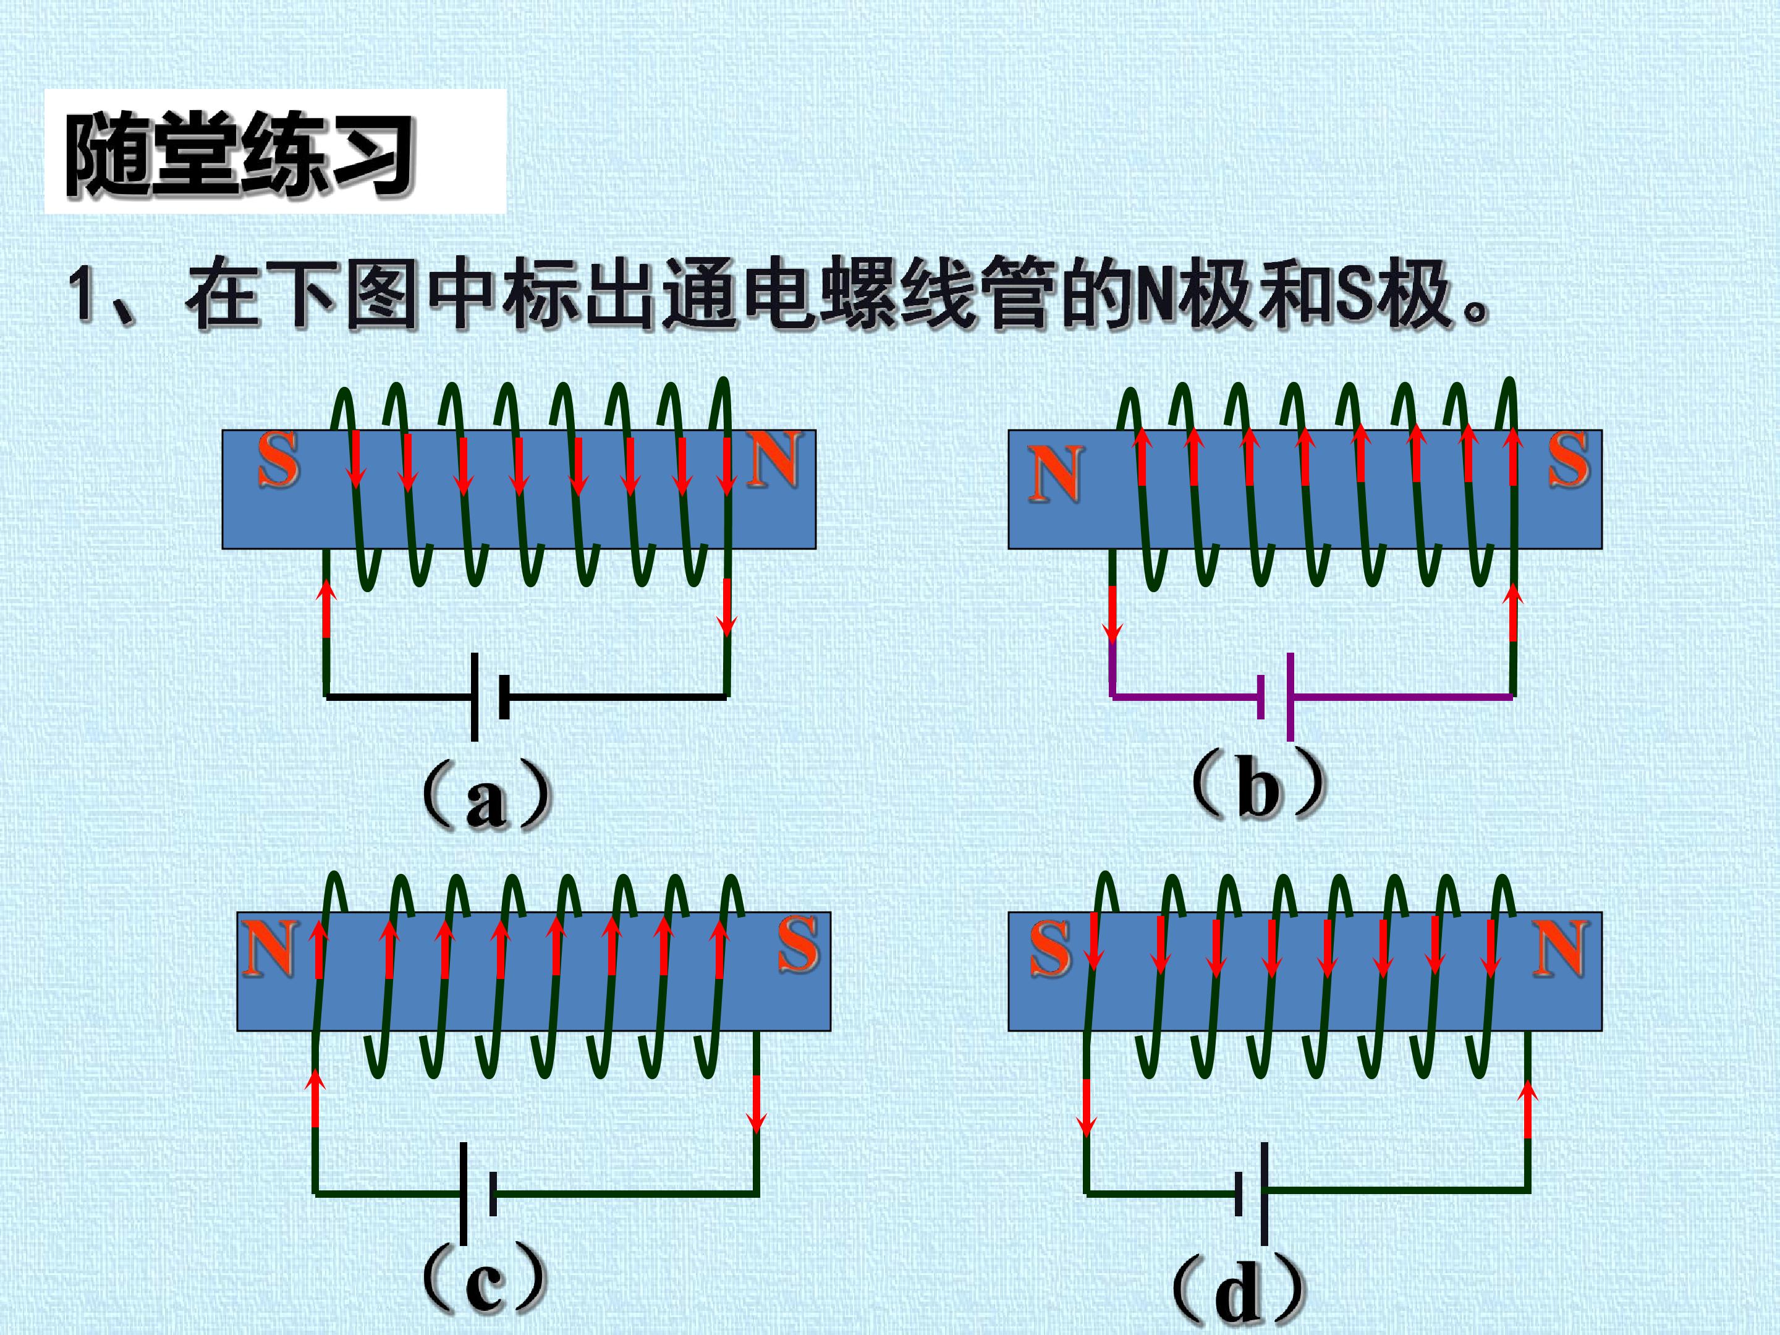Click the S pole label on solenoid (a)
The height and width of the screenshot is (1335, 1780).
coord(278,460)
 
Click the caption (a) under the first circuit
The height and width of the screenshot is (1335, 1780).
coord(488,797)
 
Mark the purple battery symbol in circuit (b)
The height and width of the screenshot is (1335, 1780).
coord(1276,697)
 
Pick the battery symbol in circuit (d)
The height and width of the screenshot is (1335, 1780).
coord(1252,1193)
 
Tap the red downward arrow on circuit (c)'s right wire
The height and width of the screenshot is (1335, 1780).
coord(756,1103)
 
